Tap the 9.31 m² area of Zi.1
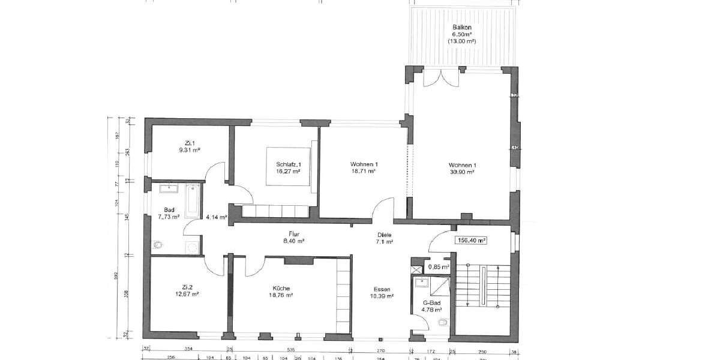click(189, 151)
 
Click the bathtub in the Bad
click(193, 201)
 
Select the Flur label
click(293, 234)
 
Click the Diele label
click(384, 235)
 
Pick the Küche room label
click(281, 288)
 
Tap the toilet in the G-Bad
click(443, 323)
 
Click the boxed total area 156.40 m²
click(470, 240)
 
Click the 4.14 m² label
click(216, 217)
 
